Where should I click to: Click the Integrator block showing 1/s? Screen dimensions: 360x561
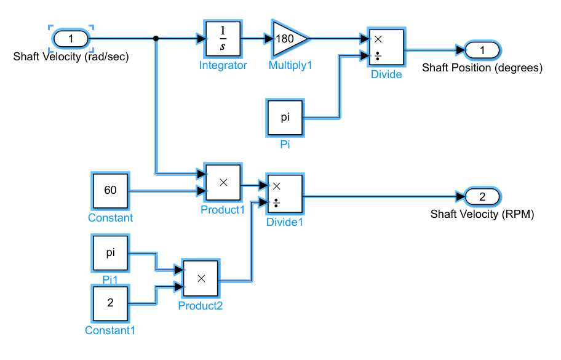(223, 39)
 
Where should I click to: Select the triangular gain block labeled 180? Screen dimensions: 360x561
(287, 39)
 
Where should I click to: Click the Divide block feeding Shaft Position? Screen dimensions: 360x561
(385, 47)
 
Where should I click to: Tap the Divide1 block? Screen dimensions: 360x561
(284, 194)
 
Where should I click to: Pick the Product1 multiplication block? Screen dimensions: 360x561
(223, 183)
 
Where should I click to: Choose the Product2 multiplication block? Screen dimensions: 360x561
(201, 278)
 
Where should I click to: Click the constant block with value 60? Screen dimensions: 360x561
(110, 191)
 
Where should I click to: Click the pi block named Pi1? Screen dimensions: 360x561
(110, 253)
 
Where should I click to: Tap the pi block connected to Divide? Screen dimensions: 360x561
(285, 118)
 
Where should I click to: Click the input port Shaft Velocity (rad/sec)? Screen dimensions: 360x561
(71, 39)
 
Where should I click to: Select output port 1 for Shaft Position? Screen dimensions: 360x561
(483, 49)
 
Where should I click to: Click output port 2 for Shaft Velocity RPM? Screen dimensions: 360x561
(482, 197)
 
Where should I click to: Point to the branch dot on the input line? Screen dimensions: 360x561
(156, 39)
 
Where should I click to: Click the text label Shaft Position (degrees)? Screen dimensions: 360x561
(482, 68)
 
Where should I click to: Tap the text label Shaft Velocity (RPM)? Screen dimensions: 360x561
(482, 215)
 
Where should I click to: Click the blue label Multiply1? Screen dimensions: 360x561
(290, 65)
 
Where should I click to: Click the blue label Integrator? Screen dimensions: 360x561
(223, 65)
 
